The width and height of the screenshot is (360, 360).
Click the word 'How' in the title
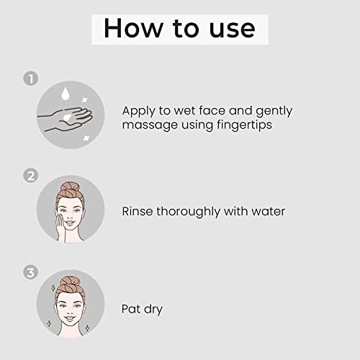click(133, 28)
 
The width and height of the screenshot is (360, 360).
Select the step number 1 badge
click(31, 78)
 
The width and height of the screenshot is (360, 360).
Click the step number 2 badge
click(31, 176)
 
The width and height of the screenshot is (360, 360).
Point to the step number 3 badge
click(31, 273)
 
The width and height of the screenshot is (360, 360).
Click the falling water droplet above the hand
click(65, 94)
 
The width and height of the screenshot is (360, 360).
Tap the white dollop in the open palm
click(67, 117)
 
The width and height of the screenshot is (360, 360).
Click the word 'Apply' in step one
click(138, 112)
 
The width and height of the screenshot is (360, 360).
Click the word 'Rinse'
click(138, 212)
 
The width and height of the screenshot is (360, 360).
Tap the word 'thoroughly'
click(189, 212)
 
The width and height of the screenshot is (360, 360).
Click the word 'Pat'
click(131, 309)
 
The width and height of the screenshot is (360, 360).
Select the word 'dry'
click(153, 310)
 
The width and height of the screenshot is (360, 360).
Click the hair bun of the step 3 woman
click(70, 282)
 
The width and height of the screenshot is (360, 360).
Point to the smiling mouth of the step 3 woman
click(69, 318)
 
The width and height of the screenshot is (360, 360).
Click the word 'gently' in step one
click(274, 112)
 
